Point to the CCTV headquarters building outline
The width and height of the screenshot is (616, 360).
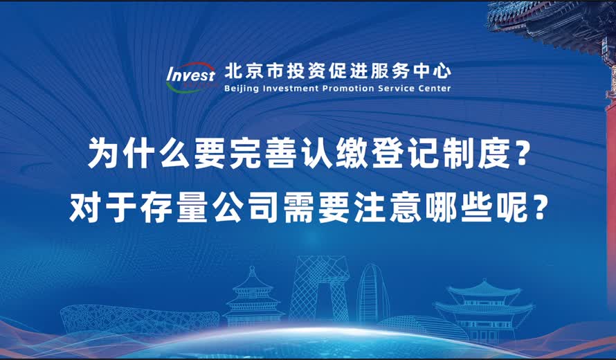click(316, 291)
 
